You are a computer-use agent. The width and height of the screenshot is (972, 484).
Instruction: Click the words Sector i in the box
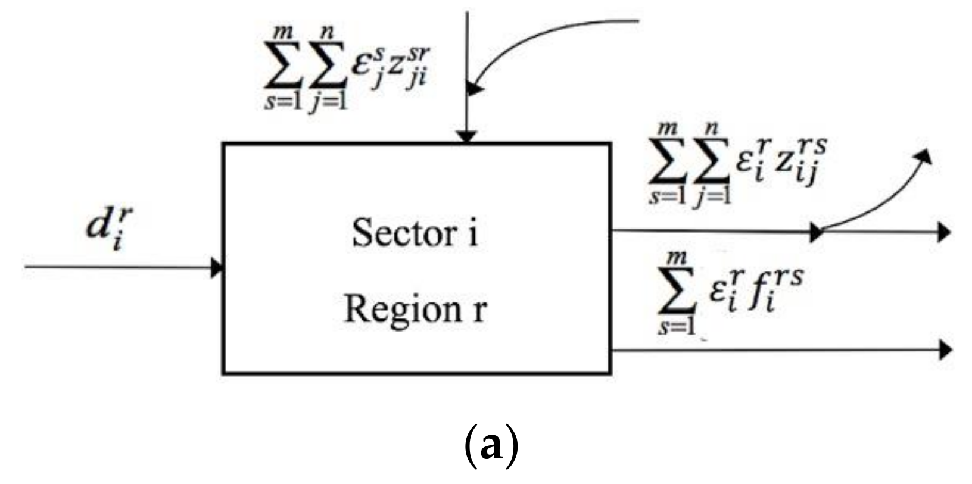[415, 233]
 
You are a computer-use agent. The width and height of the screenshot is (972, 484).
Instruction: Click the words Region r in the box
[415, 309]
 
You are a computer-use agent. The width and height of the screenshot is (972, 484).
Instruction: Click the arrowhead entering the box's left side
[217, 267]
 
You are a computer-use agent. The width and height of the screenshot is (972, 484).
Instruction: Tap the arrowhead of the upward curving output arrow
[924, 155]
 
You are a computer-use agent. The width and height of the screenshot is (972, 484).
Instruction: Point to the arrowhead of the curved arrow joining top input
[475, 89]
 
